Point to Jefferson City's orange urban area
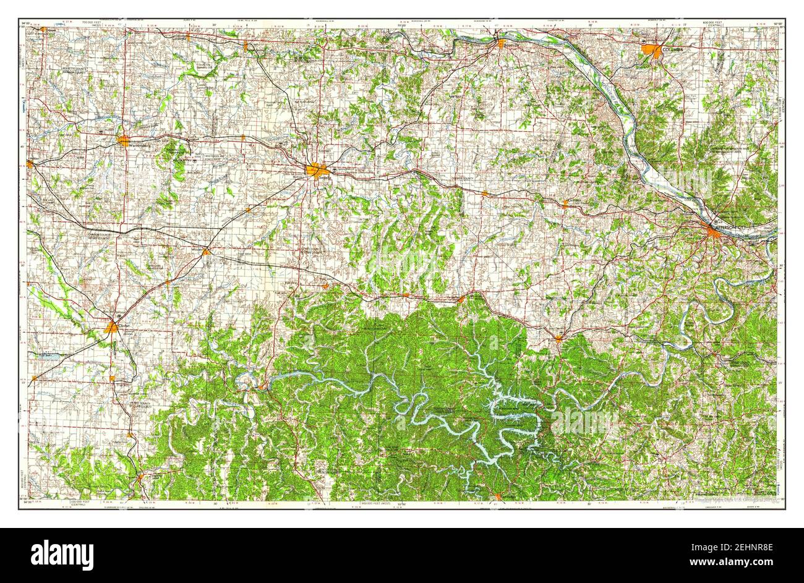click(716, 233)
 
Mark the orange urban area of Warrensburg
click(124, 140)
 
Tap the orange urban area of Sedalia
click(317, 169)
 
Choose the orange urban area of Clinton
click(112, 327)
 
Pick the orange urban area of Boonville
click(500, 44)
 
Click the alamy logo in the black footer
click(62, 554)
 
